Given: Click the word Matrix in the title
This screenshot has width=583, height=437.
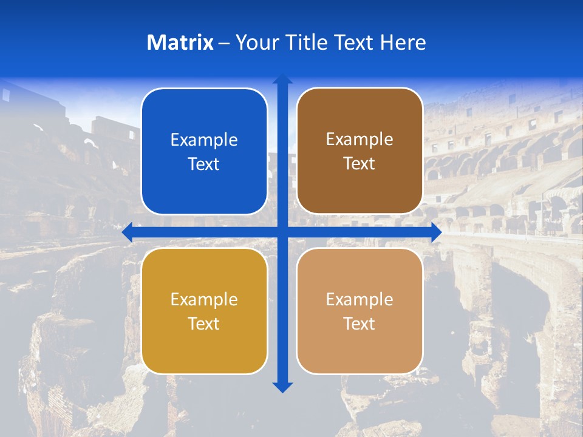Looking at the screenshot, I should pos(180,42).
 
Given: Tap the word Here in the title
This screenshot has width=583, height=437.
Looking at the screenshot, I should pos(403,42).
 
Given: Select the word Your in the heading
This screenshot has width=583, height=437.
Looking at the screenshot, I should pos(256,42).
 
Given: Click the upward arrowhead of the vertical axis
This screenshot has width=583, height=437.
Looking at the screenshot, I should pos(282,79).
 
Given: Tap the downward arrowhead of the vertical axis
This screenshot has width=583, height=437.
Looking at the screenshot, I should pos(282,387).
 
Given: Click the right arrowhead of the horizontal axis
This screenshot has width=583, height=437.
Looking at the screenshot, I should pos(435,232).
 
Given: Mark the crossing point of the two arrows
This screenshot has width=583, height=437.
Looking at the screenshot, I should pos(282,232).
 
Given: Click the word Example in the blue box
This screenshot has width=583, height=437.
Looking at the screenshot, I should pos(204,140).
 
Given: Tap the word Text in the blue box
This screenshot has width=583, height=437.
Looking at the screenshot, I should pos(204,164).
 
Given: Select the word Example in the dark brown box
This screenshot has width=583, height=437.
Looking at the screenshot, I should pos(360,140).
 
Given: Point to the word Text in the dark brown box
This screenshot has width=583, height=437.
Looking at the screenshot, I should pos(360,164).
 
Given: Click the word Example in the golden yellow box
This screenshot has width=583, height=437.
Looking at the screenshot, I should pos(204,300).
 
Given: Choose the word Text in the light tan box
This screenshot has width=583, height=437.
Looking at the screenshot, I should pos(360,324).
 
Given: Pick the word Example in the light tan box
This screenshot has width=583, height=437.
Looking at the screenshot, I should pos(360,300).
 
